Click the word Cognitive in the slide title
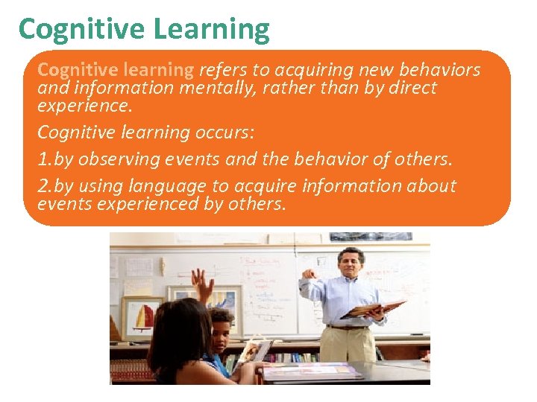(x=81, y=29)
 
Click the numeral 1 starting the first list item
(x=42, y=159)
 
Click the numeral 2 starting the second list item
(x=43, y=186)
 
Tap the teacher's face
(x=351, y=263)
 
